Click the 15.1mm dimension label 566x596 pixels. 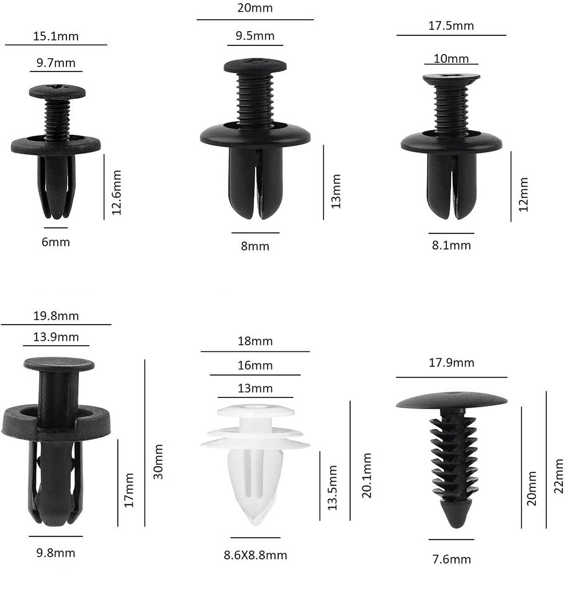56,37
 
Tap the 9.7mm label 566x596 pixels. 56,63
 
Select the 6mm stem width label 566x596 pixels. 56,242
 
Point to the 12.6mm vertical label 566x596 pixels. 117,192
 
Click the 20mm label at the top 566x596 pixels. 255,8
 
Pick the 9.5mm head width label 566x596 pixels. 255,36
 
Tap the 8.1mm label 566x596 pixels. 451,245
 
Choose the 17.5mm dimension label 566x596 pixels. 451,26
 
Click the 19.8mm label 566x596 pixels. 56,316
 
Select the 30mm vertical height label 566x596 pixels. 158,461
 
